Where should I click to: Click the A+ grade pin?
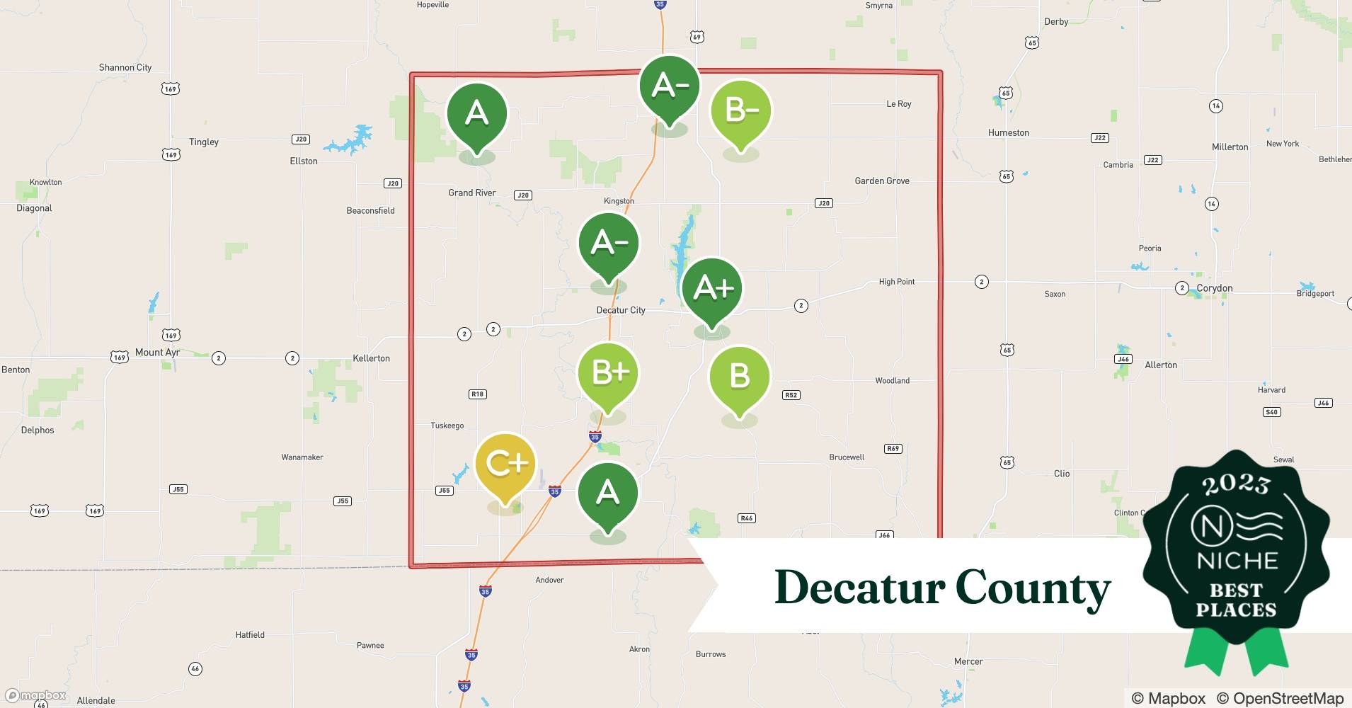click(711, 288)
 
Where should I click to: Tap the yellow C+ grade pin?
click(505, 464)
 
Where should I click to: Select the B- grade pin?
click(740, 111)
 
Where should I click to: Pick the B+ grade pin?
click(608, 373)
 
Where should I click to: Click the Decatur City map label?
click(621, 310)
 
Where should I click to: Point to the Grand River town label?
click(471, 193)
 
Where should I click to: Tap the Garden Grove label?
click(881, 181)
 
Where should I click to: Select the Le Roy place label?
click(898, 104)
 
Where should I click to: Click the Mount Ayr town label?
click(157, 352)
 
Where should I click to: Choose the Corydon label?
click(1214, 288)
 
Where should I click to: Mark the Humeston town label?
click(1008, 132)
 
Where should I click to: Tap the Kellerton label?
click(371, 358)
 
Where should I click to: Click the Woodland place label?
click(892, 380)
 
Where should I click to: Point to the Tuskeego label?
click(447, 426)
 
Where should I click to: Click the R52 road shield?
click(791, 395)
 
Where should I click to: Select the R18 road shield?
click(478, 394)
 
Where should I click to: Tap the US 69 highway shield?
click(697, 37)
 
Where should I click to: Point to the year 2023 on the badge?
click(1236, 484)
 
